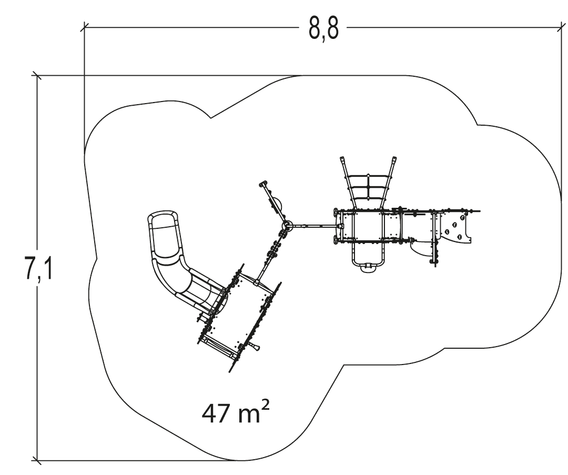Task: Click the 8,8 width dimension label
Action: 324,28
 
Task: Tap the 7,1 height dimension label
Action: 38,268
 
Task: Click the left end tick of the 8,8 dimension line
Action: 84,27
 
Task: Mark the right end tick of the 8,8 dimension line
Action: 561,27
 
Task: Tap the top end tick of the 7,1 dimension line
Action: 37,76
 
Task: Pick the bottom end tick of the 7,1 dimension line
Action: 37,460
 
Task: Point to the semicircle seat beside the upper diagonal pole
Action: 277,204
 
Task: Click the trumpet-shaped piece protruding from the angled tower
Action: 254,347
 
